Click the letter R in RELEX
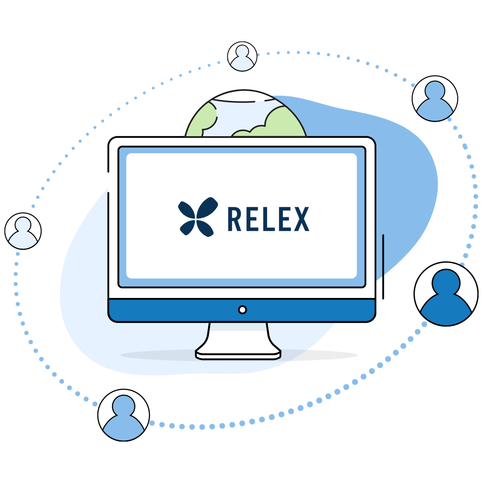(234, 219)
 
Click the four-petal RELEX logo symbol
(198, 217)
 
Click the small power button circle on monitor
(242, 309)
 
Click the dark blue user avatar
(446, 294)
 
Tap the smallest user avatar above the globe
(242, 56)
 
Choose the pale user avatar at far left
(23, 231)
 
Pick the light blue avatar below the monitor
(123, 415)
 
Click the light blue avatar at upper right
(435, 99)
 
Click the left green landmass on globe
(201, 121)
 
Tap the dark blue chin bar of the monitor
(242, 311)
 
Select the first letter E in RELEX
(251, 219)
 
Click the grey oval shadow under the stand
(239, 355)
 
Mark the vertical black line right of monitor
(383, 267)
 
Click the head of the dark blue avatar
(446, 282)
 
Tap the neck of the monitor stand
(238, 336)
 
